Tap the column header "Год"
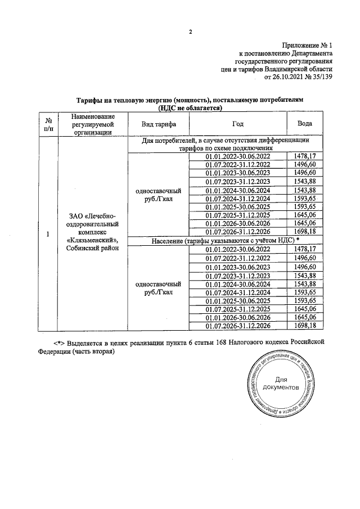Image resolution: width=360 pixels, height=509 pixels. [x=238, y=124]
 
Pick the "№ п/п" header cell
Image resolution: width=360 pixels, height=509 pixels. [x=48, y=124]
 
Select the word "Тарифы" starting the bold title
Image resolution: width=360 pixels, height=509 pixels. [x=89, y=99]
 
